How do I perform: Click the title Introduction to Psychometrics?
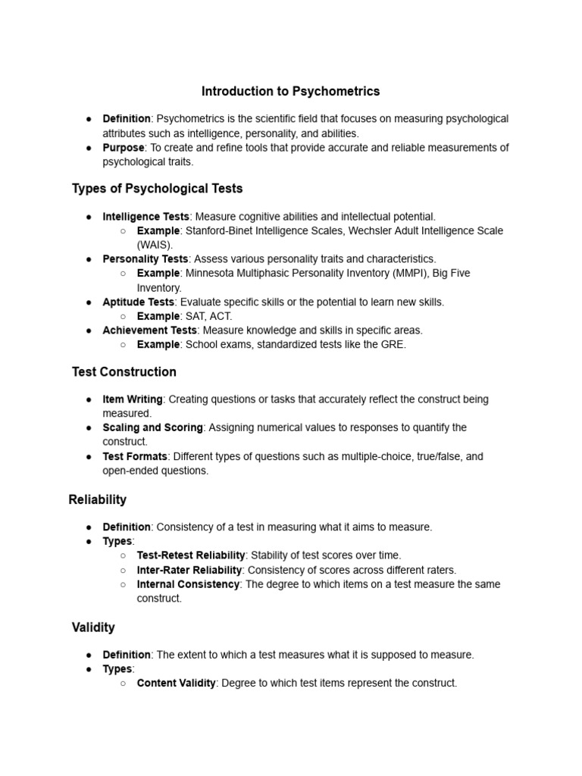[x=290, y=92]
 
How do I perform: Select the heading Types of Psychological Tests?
[x=157, y=188]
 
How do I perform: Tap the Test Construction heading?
[x=124, y=372]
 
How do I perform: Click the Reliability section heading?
[x=98, y=500]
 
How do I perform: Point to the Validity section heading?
[x=93, y=627]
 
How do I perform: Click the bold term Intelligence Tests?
[x=145, y=217]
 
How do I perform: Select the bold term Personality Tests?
[x=145, y=259]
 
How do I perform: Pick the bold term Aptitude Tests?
[x=138, y=302]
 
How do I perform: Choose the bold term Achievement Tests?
[x=149, y=330]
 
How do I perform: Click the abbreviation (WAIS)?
[x=155, y=245]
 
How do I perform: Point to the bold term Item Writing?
[x=133, y=399]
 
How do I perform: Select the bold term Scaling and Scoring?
[x=152, y=427]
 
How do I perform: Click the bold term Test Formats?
[x=135, y=456]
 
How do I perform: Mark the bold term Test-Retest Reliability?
[x=191, y=555]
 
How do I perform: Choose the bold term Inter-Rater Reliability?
[x=189, y=570]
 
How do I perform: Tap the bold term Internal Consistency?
[x=188, y=584]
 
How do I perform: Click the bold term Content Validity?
[x=177, y=683]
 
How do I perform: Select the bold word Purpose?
[x=124, y=148]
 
